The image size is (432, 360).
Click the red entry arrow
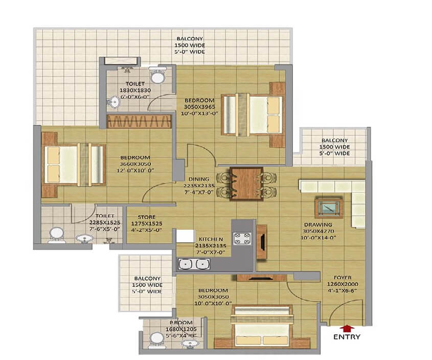coord(347,328)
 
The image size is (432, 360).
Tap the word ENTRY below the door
coord(347,337)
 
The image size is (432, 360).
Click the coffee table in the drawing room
coord(327,207)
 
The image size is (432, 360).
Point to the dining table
coord(246,183)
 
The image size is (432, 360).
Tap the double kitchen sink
coord(194,264)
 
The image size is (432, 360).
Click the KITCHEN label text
coord(210,239)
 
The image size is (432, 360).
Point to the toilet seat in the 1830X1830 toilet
coord(158,76)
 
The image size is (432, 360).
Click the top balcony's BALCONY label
coord(190,39)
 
